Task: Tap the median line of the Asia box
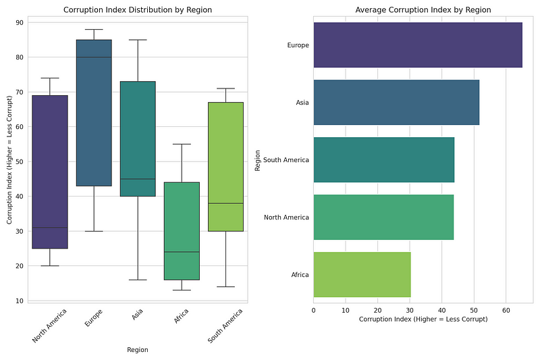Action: click(x=138, y=179)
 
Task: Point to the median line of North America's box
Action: click(x=50, y=228)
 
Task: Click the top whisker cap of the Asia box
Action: click(x=138, y=40)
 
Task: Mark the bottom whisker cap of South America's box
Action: click(x=225, y=287)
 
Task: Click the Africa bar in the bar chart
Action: click(x=362, y=274)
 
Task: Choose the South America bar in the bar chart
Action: click(x=384, y=159)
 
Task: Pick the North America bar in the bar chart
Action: click(x=383, y=217)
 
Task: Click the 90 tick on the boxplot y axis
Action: click(x=20, y=22)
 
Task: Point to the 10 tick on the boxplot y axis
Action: click(x=20, y=301)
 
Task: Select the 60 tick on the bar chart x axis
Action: click(x=506, y=309)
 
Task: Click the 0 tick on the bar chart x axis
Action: click(x=314, y=309)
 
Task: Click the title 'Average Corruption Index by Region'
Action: click(x=423, y=10)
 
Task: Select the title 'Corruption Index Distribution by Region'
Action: click(x=138, y=10)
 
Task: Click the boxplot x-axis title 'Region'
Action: click(x=138, y=350)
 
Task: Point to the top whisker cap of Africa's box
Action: click(x=182, y=144)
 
